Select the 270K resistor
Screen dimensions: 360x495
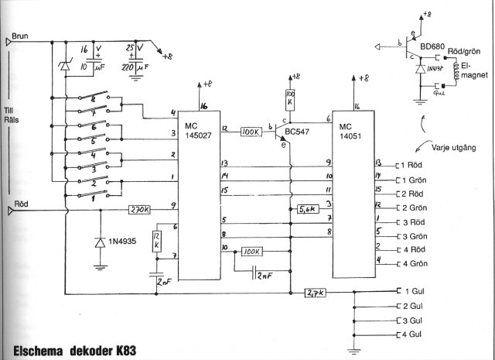(x=139, y=209)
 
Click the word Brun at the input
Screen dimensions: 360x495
(x=23, y=36)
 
